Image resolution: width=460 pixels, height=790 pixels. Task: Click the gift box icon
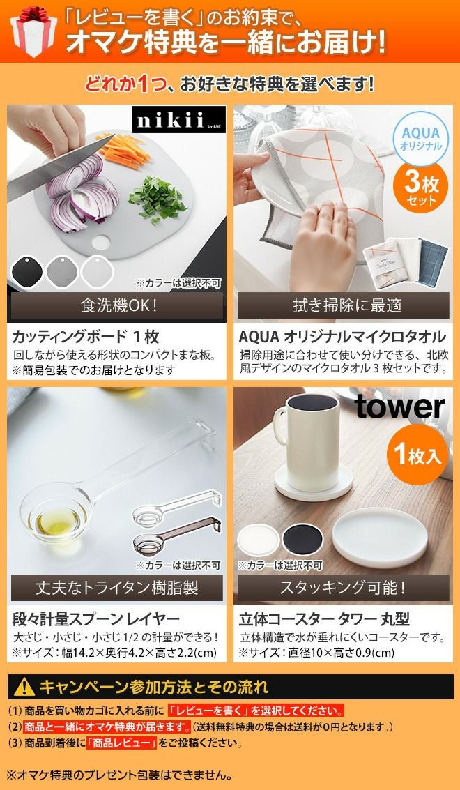coord(33,31)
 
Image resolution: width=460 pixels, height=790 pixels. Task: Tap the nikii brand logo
coord(178,119)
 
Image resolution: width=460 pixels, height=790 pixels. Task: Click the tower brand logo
coord(399,407)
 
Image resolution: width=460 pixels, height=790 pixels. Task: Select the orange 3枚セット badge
coord(421,186)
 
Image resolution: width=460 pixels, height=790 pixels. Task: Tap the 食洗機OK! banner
coord(116,305)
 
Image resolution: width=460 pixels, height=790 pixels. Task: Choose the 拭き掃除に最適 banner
coord(343,305)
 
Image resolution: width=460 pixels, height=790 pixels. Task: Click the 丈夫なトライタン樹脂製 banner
coord(116,588)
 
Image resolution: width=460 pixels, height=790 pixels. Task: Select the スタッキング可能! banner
coord(343,588)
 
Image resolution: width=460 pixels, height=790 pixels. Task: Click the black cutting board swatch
coord(26,271)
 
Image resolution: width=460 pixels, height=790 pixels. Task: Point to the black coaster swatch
coord(302,539)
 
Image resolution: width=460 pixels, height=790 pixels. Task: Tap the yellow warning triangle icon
coord(24,687)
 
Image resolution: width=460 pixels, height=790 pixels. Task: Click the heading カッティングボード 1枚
coord(85,336)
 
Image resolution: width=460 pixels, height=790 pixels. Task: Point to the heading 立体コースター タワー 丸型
coord(325,618)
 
